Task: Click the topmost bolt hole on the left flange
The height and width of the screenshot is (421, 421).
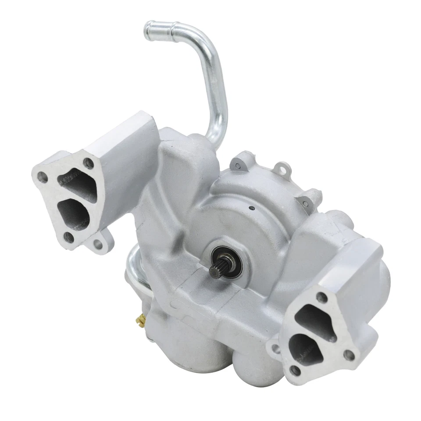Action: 89,164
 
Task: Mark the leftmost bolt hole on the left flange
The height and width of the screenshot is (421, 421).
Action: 43,178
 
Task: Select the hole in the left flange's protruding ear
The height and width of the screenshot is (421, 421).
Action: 98,244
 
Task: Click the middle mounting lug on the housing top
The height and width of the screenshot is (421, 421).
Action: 281,168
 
